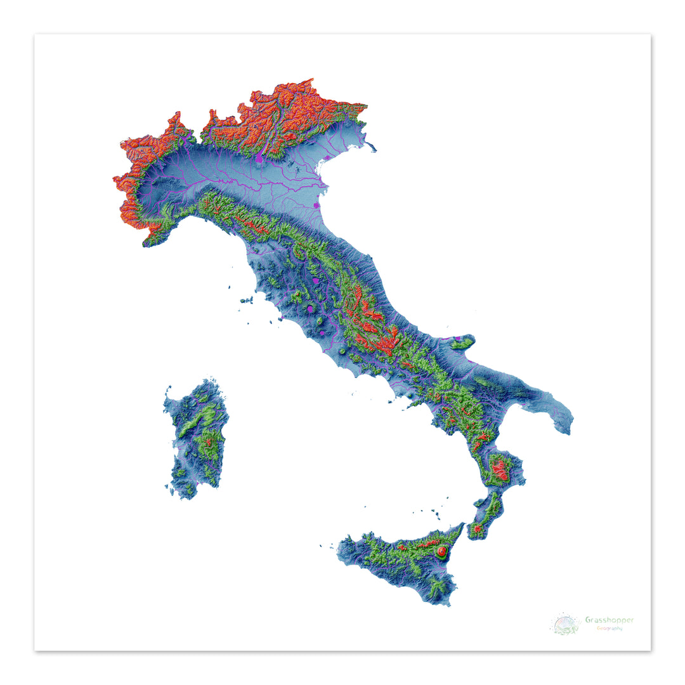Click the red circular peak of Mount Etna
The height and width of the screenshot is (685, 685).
click(441, 552)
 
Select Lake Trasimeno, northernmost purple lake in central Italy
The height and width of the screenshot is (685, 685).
click(315, 279)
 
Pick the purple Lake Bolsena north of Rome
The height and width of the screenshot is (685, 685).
click(309, 310)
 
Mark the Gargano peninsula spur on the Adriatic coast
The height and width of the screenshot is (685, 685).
click(462, 342)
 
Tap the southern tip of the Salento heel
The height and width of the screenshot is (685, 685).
click(566, 431)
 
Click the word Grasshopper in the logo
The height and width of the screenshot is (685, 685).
click(609, 620)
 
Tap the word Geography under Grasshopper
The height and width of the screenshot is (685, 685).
click(608, 629)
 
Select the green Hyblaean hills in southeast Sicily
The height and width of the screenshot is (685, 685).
click(438, 587)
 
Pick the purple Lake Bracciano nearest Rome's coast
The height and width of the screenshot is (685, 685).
click(322, 332)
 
